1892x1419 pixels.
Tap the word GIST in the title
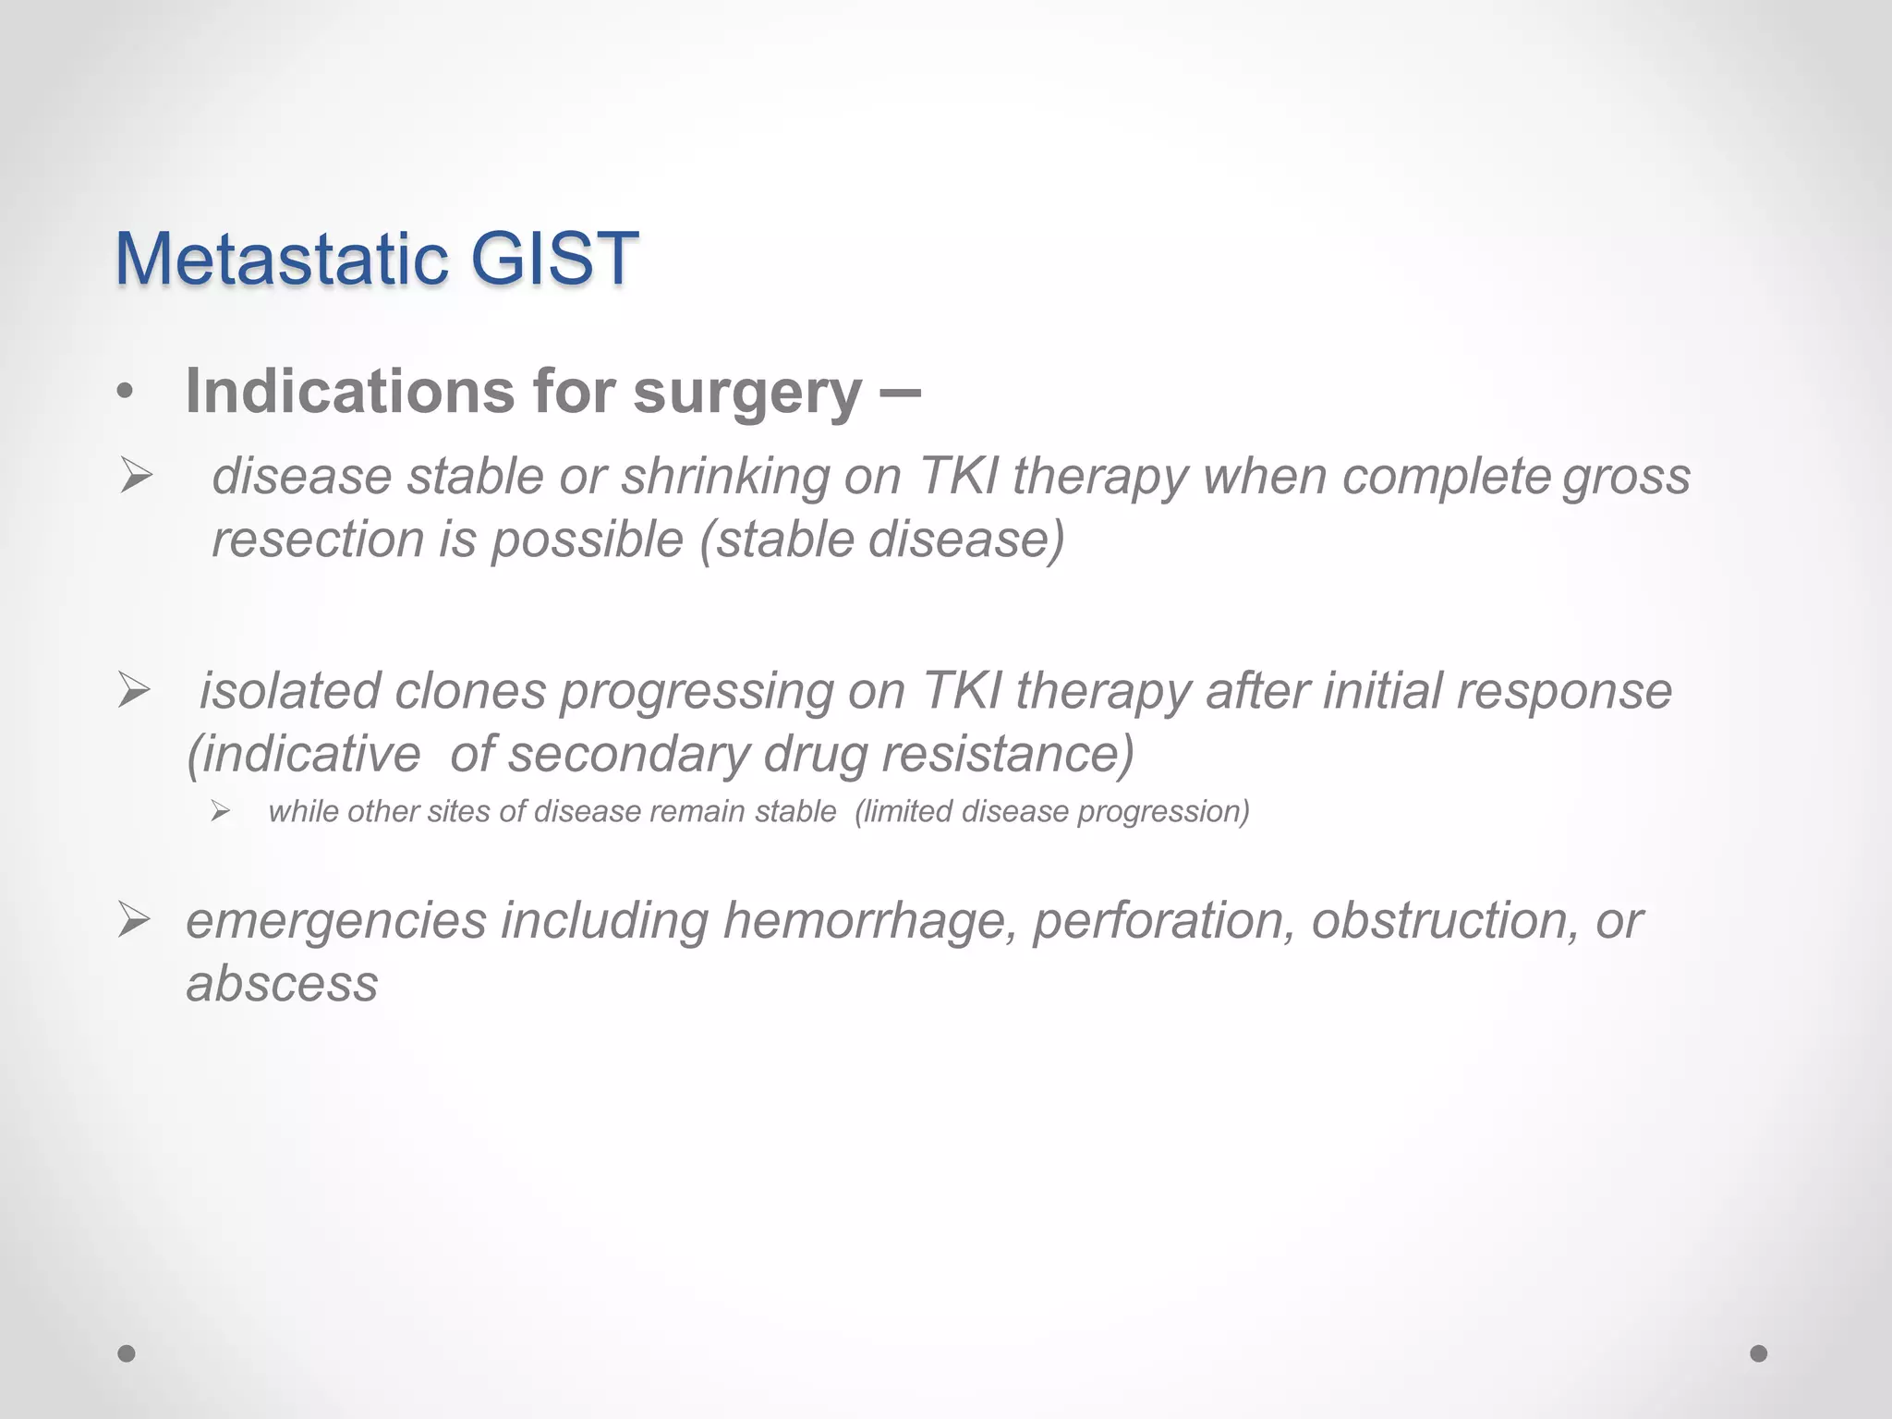pos(554,259)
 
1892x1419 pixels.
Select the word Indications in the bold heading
pos(349,392)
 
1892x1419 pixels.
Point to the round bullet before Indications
pos(126,392)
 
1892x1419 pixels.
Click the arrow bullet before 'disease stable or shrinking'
pos(136,478)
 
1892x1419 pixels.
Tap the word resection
pos(318,540)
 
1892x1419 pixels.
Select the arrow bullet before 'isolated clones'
pos(134,691)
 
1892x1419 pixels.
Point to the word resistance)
pos(1007,754)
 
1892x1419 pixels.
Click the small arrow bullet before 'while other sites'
pos(219,812)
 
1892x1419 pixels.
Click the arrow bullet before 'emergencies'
pos(134,920)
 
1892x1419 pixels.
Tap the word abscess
pos(282,984)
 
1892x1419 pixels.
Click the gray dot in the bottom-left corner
pos(127,1353)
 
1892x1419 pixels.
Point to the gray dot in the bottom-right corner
pos(1759,1353)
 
